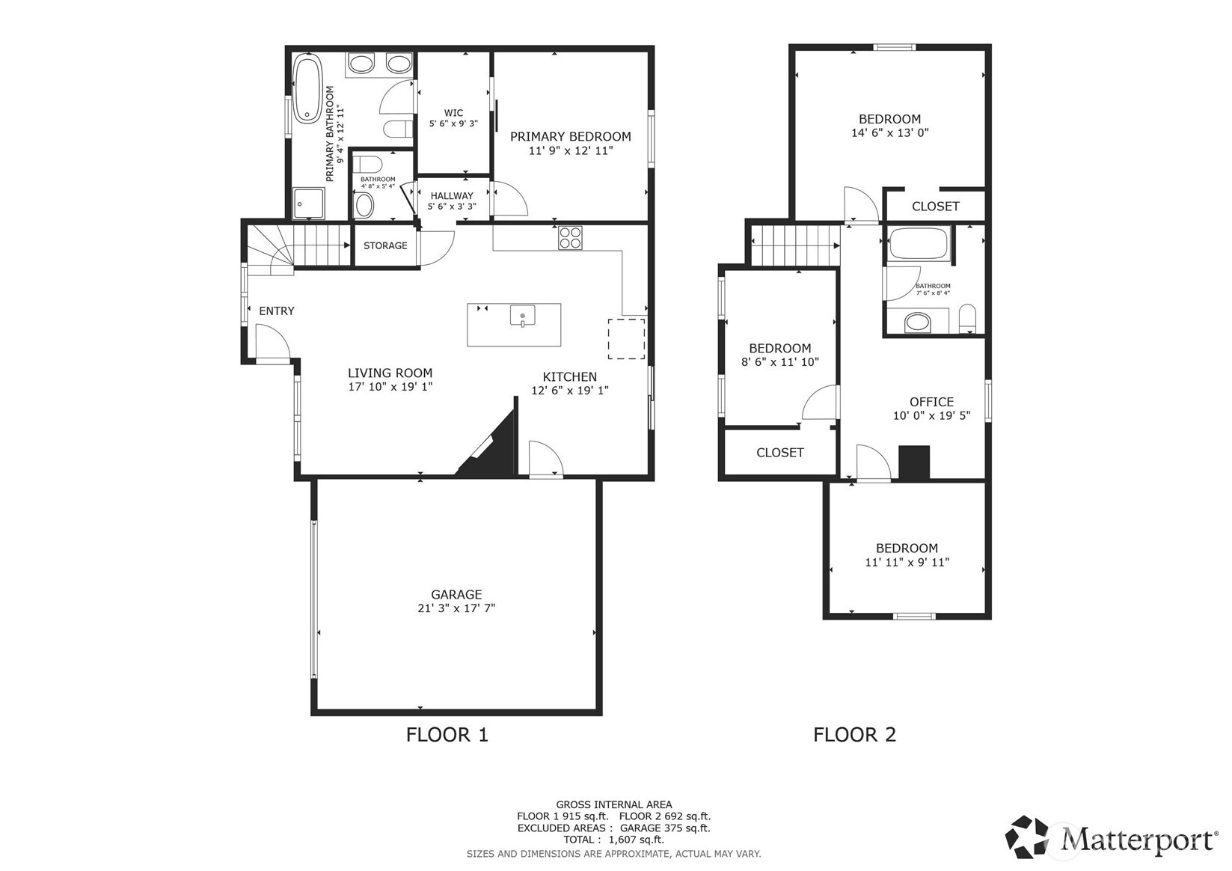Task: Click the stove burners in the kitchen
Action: click(x=570, y=237)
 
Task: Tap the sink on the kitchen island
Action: click(x=523, y=316)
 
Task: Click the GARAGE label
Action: click(x=456, y=595)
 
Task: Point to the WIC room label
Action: click(x=453, y=114)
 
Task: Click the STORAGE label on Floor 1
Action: click(x=385, y=245)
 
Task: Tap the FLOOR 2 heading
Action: click(x=854, y=735)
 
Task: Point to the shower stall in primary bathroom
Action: click(x=309, y=203)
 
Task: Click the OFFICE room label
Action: click(x=931, y=402)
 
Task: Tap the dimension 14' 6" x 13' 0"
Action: click(x=889, y=132)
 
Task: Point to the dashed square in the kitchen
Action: click(x=626, y=338)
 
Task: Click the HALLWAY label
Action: click(x=452, y=196)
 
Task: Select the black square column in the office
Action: click(x=913, y=462)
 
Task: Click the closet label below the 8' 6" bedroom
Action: click(x=779, y=453)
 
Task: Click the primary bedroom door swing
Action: click(x=509, y=199)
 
